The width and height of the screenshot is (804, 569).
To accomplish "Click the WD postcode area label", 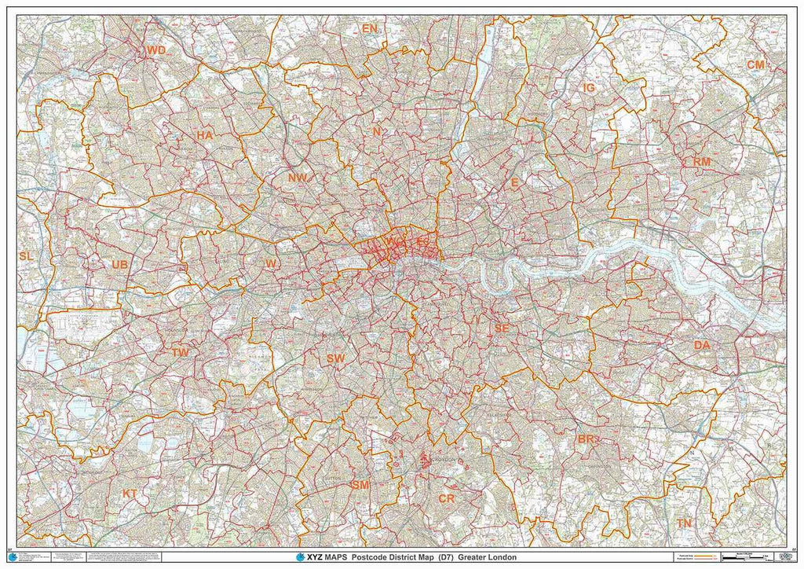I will pos(156,50).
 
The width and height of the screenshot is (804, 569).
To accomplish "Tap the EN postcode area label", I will pos(370,29).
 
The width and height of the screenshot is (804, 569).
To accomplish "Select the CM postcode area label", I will pos(755,64).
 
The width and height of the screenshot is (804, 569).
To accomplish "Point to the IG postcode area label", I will pos(588,88).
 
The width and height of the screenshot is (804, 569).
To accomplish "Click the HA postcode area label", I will pos(205,135).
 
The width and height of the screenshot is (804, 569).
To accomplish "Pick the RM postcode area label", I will pos(701,162).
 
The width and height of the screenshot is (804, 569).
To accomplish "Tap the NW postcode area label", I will pos(297,178).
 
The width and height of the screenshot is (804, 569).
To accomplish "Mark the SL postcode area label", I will pos(26,256).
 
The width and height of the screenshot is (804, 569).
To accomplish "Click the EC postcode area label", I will pos(422,243).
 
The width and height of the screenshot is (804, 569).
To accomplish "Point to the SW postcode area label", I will pos(336,358).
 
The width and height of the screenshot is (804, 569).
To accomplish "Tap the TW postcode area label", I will pos(181,353).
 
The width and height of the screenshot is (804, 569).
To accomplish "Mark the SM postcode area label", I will pos(360,485).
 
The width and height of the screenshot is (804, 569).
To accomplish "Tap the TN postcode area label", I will pos(685,523).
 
